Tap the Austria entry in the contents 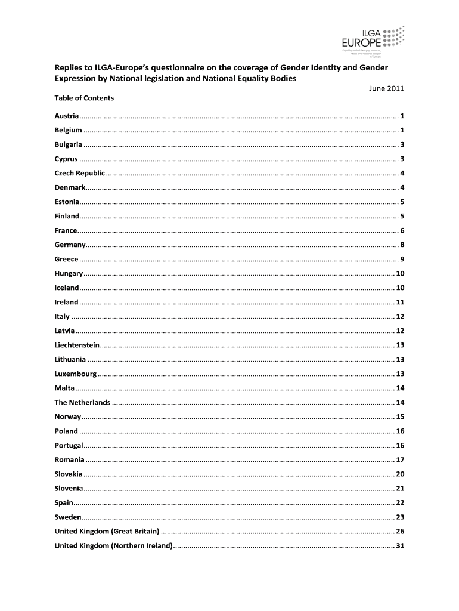tap(67, 115)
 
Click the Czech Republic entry tap(80, 173)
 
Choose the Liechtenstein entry tap(77, 345)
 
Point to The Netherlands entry tap(82, 402)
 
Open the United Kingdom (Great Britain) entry tap(107, 531)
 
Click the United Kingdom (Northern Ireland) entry tap(113, 545)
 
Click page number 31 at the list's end tap(401, 545)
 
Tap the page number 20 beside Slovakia tap(401, 474)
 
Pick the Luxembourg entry tap(76, 374)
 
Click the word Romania tap(69, 459)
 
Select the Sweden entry tap(67, 517)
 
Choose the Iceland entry tap(67, 288)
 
